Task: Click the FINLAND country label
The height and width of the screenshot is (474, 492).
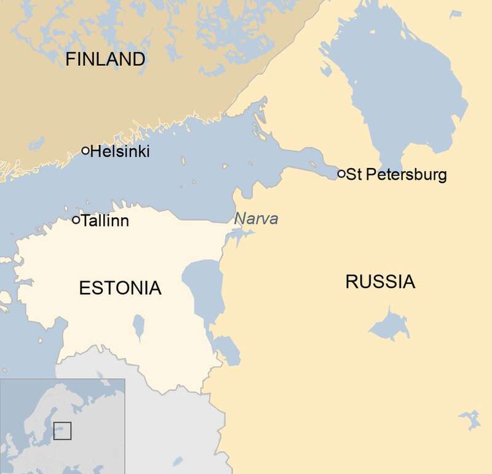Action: click(x=105, y=59)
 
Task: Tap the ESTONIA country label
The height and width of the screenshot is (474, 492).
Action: click(x=120, y=287)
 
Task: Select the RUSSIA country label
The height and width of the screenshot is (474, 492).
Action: click(x=380, y=283)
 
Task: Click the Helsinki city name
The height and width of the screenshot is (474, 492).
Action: click(x=120, y=151)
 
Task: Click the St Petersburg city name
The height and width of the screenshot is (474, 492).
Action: click(x=397, y=175)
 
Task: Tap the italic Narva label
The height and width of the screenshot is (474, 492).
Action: click(x=256, y=219)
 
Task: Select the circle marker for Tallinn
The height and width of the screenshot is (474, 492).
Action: click(x=76, y=220)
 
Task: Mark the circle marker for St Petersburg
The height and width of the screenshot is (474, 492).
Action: click(x=341, y=174)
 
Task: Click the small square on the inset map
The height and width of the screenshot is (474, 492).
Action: click(x=62, y=430)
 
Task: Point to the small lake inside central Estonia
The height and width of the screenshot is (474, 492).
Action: click(x=139, y=326)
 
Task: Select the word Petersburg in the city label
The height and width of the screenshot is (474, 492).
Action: click(x=405, y=175)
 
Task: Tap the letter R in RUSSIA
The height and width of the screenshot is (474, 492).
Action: click(x=351, y=283)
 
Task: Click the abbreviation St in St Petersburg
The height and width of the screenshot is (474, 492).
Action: click(x=352, y=175)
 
